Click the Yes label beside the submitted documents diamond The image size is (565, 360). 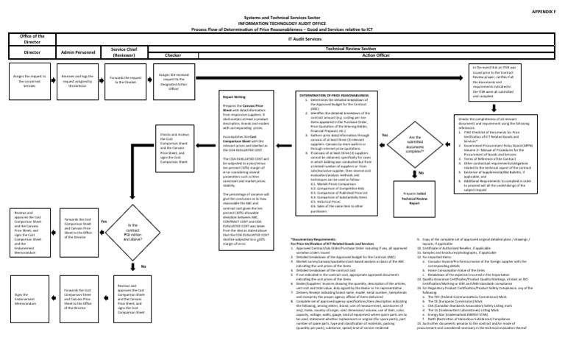tap(384, 135)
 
